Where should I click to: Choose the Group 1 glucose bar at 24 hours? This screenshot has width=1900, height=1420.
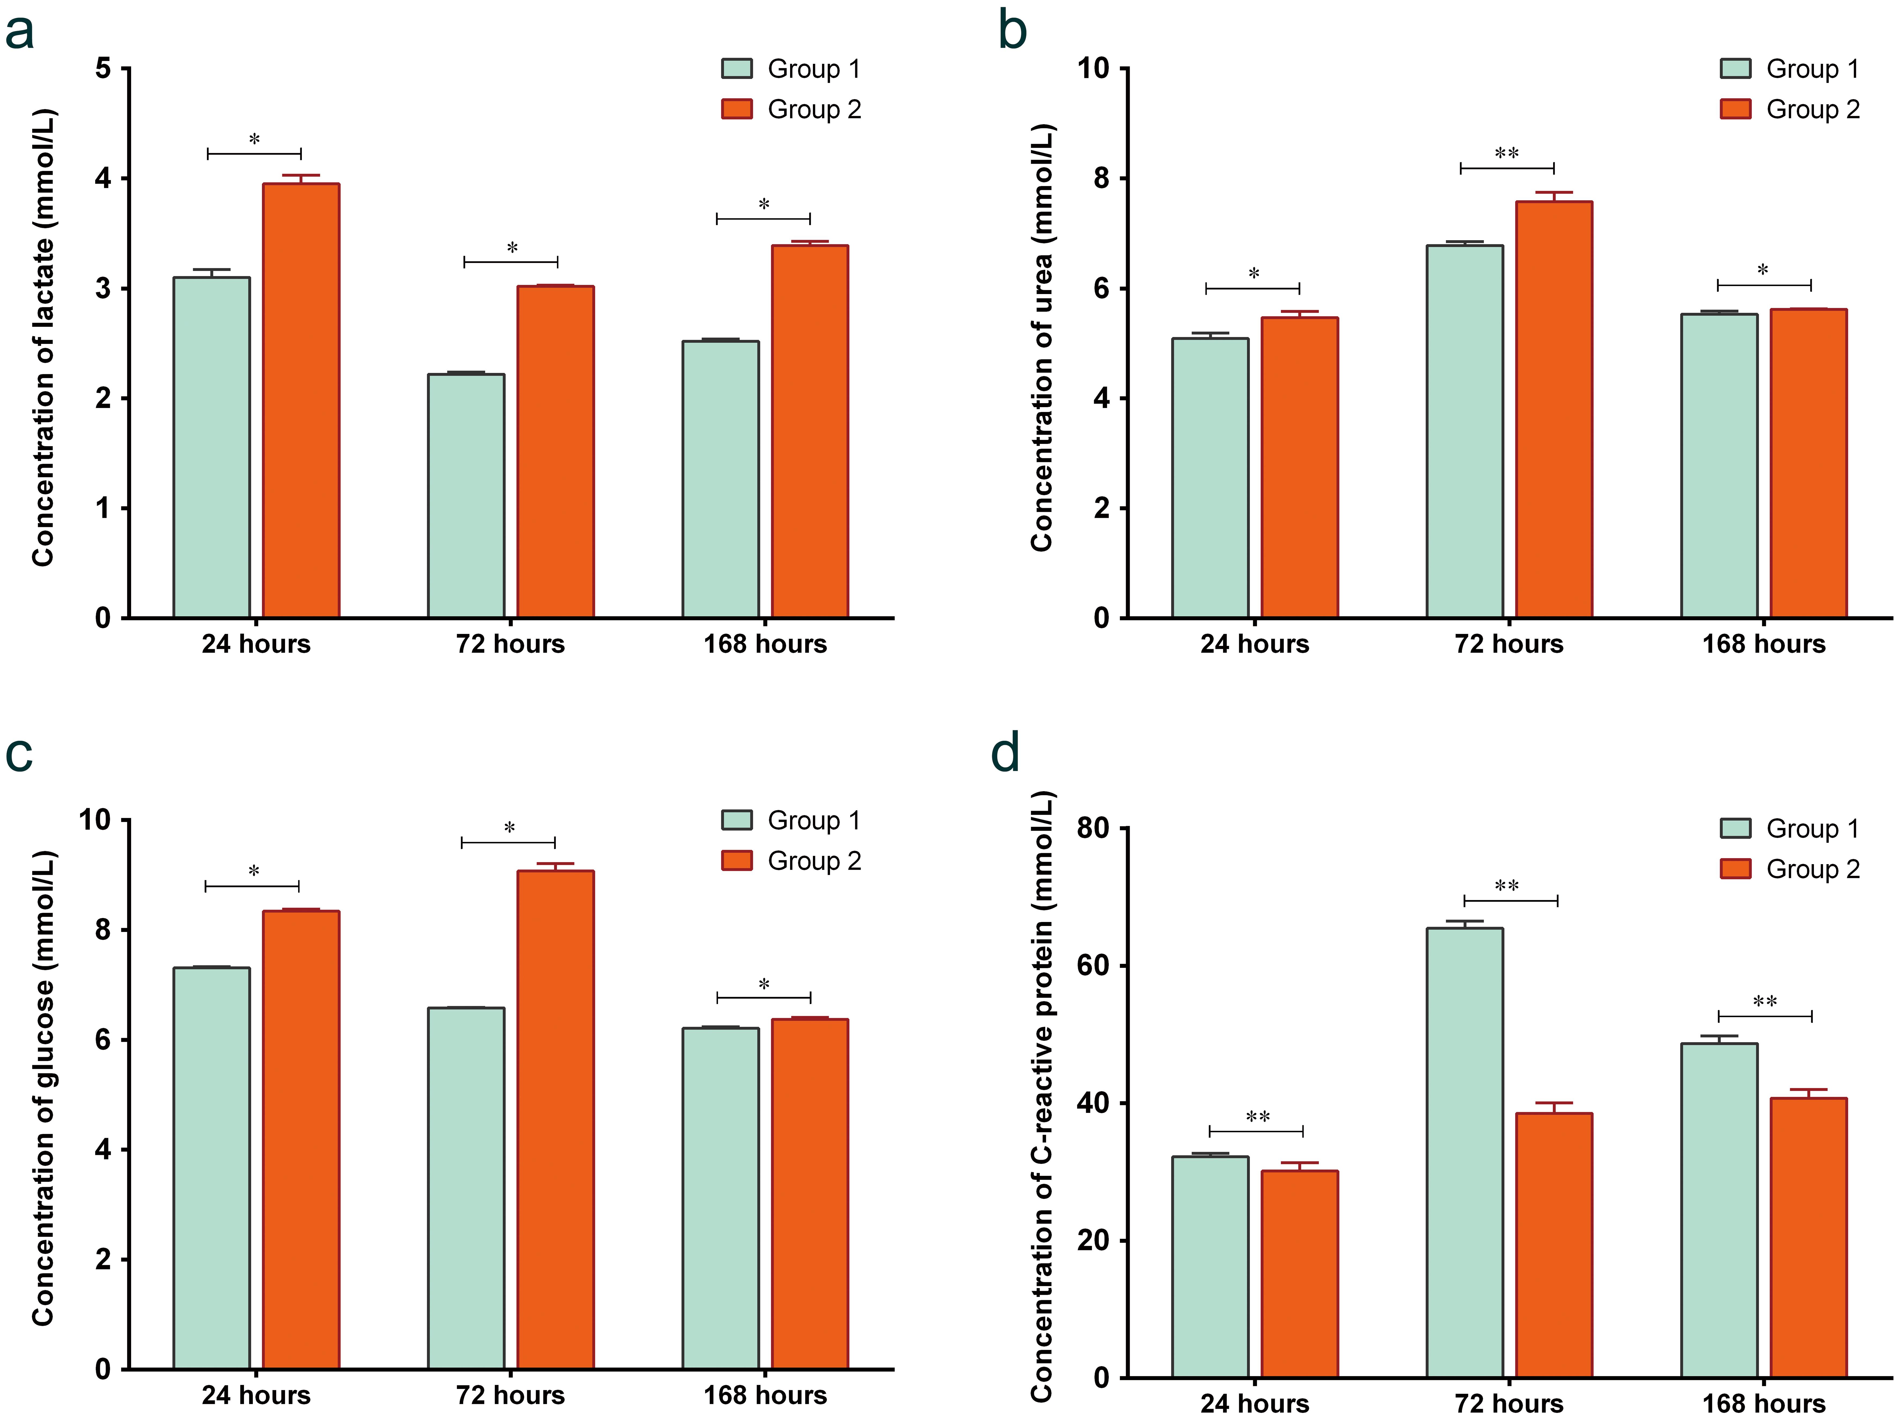point(211,1168)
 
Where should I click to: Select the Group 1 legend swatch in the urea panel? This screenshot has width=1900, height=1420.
point(1735,69)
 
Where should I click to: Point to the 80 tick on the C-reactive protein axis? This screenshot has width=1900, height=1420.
point(1092,828)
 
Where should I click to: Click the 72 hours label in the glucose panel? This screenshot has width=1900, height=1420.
point(510,1395)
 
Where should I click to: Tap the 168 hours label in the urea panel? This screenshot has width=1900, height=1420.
point(1764,644)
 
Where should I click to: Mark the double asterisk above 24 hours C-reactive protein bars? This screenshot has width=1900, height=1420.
point(1257,1117)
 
